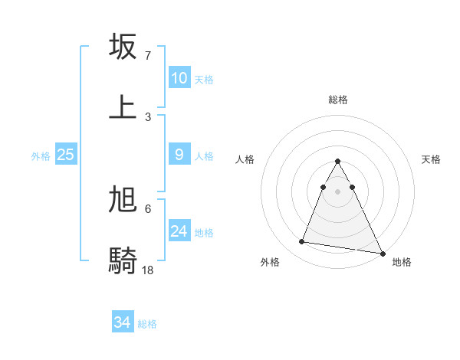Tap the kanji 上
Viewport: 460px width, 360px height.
(123, 106)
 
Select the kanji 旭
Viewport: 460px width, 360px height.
(123, 200)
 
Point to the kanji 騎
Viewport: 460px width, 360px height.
(123, 260)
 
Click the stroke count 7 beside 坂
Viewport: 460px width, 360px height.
(148, 56)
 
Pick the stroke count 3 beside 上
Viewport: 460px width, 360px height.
(148, 116)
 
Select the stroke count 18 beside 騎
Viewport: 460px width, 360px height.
(149, 270)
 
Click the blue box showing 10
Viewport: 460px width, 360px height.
(179, 78)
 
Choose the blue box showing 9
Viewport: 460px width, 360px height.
(179, 155)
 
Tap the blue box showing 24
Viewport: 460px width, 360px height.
(179, 231)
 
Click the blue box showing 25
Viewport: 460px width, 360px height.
(66, 155)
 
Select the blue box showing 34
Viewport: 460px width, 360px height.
(123, 323)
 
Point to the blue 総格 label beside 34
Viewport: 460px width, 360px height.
(147, 324)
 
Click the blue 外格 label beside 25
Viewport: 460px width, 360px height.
(41, 155)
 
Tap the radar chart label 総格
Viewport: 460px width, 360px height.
(338, 100)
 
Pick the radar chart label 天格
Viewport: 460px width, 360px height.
(432, 159)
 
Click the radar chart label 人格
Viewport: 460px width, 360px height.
(245, 159)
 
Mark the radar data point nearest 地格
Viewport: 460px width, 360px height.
(381, 252)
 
